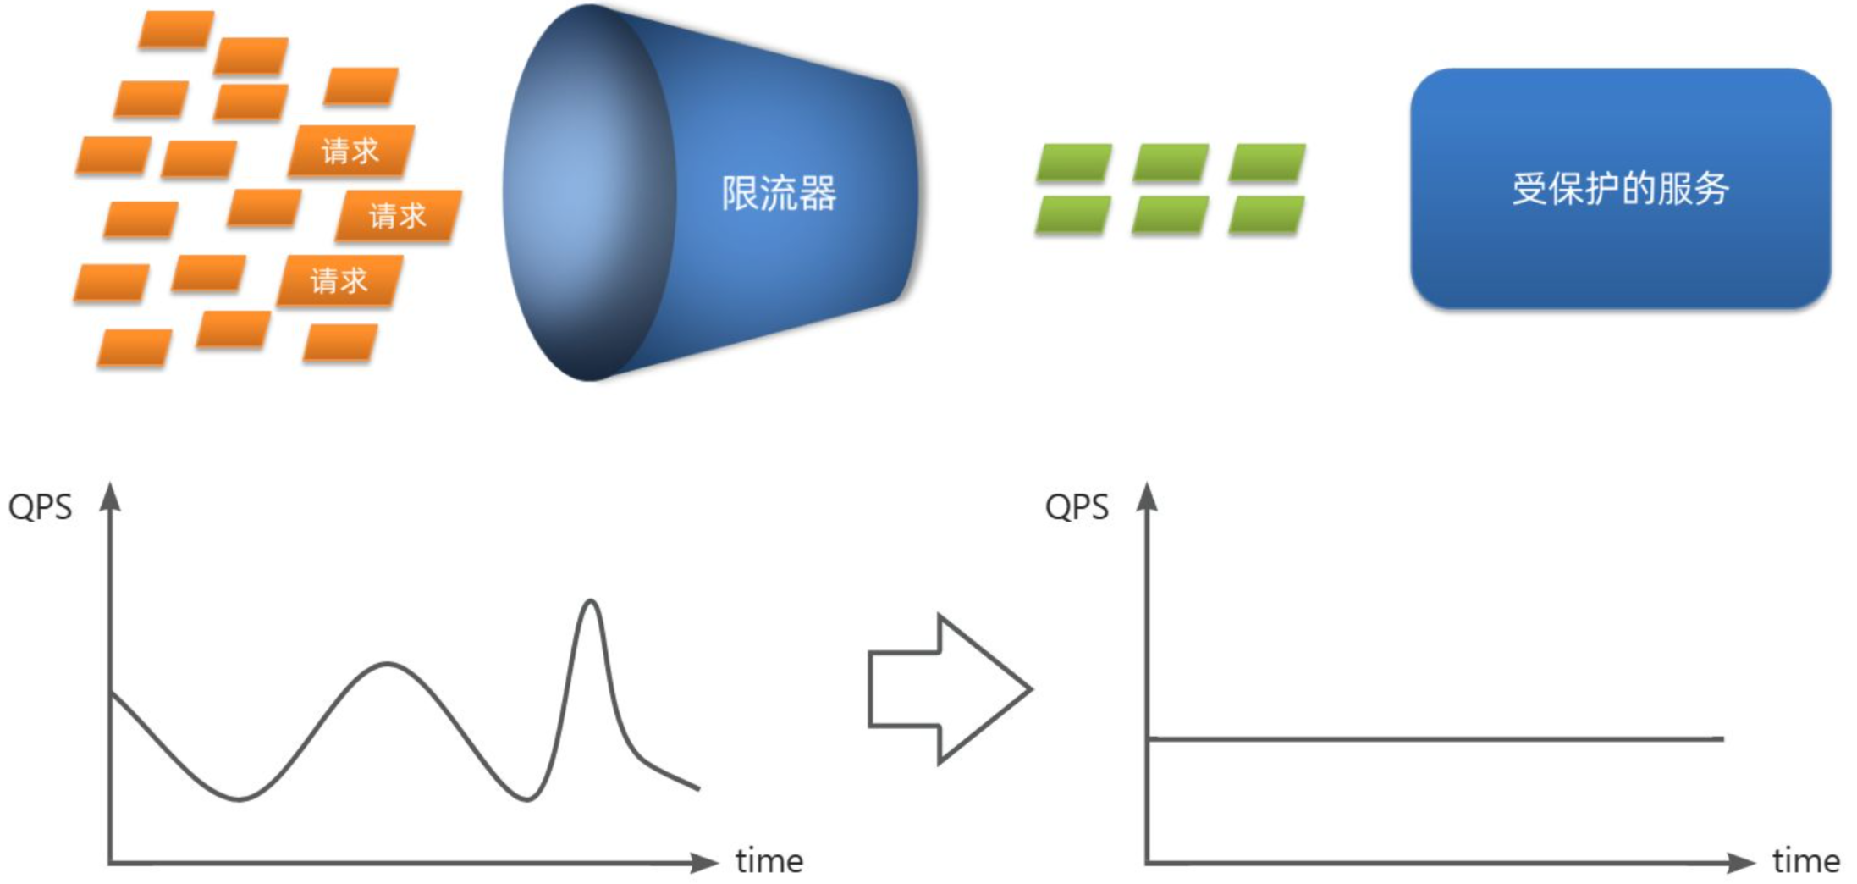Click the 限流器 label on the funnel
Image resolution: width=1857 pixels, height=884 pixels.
[x=779, y=193]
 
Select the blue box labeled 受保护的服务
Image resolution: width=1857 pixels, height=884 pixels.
[x=1619, y=188]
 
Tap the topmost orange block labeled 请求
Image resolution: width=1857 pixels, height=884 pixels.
[x=350, y=152]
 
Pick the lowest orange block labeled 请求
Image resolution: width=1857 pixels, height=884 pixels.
[x=339, y=280]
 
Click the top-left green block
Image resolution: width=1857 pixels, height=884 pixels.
[x=1073, y=163]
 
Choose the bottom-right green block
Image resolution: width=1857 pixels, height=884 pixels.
[x=1266, y=215]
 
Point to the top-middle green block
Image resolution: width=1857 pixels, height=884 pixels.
[x=1170, y=163]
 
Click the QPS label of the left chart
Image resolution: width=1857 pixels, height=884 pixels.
[x=40, y=507]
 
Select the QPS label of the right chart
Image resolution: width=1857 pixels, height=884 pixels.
[x=1077, y=507]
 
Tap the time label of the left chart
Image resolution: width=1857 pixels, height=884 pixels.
[x=769, y=861]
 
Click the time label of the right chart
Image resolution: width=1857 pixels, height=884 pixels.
[x=1806, y=861]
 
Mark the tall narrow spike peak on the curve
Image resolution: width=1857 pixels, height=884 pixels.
[x=591, y=602]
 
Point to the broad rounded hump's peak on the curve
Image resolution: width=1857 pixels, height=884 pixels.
[x=387, y=664]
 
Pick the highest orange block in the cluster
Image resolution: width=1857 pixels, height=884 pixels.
[x=176, y=30]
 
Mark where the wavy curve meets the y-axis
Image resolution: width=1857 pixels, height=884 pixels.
[x=111, y=693]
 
